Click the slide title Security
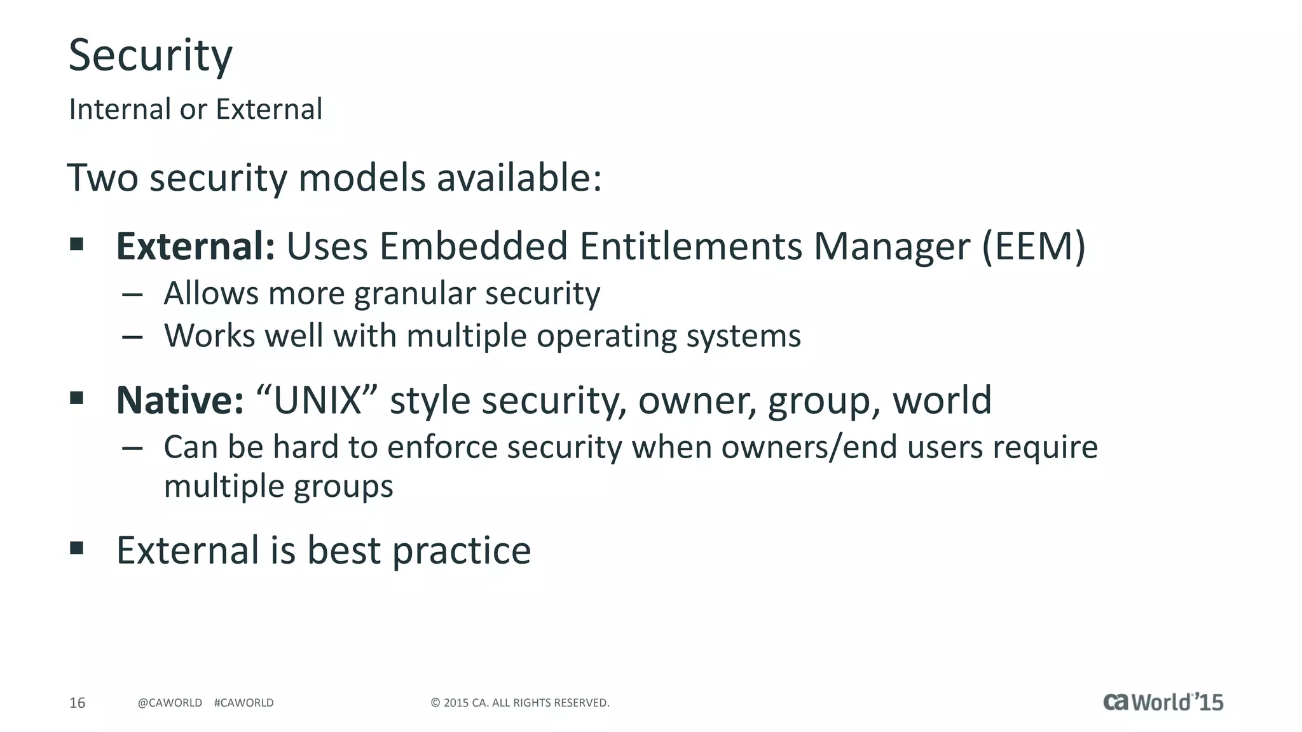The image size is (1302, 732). tap(151, 56)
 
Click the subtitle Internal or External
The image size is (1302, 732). tap(196, 109)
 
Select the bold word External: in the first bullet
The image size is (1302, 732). tap(195, 247)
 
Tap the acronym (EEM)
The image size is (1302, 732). tap(1033, 247)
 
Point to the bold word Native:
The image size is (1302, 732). tap(180, 400)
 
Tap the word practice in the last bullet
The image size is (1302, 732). tap(461, 550)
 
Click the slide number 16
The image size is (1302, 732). tap(77, 703)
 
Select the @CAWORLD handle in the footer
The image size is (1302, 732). tap(170, 703)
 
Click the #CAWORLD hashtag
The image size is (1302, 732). tap(243, 703)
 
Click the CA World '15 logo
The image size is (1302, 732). tap(1163, 701)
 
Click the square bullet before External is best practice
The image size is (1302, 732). tap(77, 548)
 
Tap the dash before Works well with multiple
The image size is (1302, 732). tap(132, 337)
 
